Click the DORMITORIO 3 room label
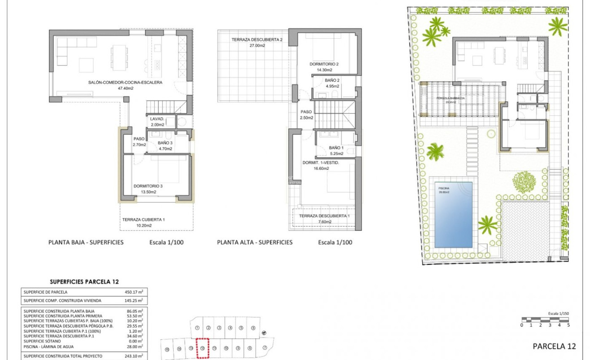(144, 186)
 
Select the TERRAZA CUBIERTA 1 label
(144, 220)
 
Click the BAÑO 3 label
(165, 143)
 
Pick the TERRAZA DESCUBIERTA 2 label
(257, 40)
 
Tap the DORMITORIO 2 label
(324, 64)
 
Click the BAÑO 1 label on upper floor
(336, 147)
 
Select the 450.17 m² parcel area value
(134, 292)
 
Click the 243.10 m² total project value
(134, 356)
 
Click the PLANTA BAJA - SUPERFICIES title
(85, 242)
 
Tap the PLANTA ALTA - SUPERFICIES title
(254, 242)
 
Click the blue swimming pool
(453, 215)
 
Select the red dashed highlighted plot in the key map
(203, 348)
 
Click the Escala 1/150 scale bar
(545, 320)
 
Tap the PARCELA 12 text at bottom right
(554, 346)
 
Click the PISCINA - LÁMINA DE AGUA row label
(49, 347)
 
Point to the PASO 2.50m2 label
(306, 112)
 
